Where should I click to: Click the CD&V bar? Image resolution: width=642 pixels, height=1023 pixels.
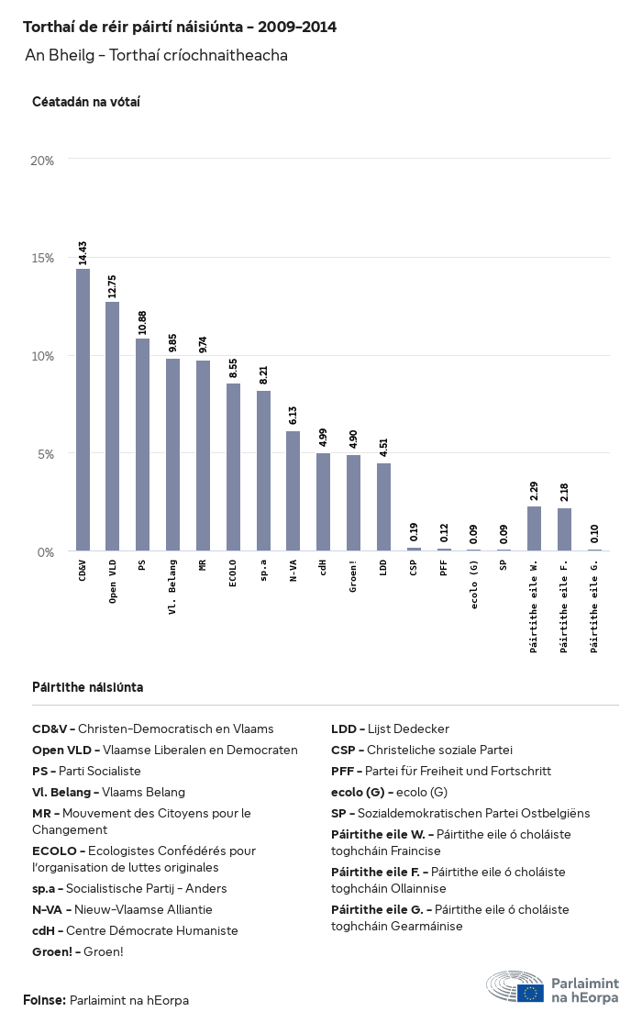tap(83, 410)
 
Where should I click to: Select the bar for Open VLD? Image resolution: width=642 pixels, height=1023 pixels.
tap(113, 427)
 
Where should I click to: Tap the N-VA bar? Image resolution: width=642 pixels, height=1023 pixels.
tap(293, 491)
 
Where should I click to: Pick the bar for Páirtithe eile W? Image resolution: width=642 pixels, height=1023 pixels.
tap(534, 528)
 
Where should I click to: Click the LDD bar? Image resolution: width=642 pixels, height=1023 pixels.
tap(383, 506)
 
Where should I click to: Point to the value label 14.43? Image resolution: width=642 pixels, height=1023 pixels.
tap(83, 253)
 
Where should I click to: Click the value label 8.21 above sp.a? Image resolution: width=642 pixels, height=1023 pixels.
tap(263, 375)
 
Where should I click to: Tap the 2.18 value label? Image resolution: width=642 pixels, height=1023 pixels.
tap(564, 493)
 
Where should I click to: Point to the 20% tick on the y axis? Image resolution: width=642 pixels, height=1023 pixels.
tap(43, 160)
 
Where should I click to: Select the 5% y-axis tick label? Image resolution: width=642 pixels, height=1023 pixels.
tap(46, 453)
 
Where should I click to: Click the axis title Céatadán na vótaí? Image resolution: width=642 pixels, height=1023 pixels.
tap(86, 102)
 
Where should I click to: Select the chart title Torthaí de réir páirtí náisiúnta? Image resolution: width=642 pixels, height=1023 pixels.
tap(180, 28)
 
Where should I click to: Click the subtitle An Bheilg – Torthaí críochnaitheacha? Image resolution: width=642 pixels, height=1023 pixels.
tap(157, 56)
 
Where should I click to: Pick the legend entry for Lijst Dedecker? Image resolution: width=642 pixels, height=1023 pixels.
tap(390, 729)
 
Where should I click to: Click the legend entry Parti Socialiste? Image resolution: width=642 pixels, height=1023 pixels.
tap(86, 772)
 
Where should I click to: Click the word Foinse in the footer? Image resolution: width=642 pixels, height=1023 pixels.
tap(44, 1000)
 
